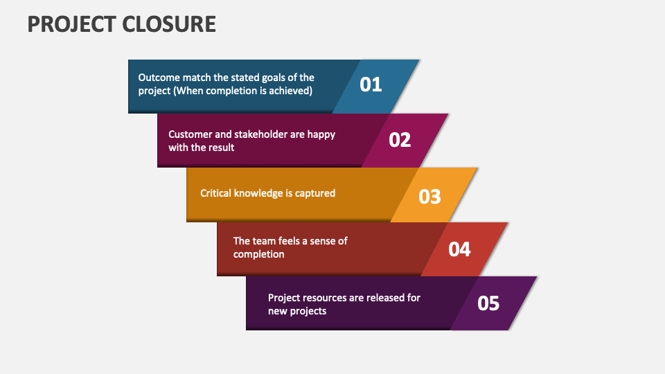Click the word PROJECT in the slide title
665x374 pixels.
pos(71,24)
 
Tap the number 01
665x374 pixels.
pos(371,84)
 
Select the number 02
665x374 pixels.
pos(400,140)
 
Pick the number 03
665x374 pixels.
pos(430,196)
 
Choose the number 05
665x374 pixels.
pos(488,303)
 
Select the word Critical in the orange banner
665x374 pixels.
pos(217,193)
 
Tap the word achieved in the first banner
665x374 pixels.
pos(292,91)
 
